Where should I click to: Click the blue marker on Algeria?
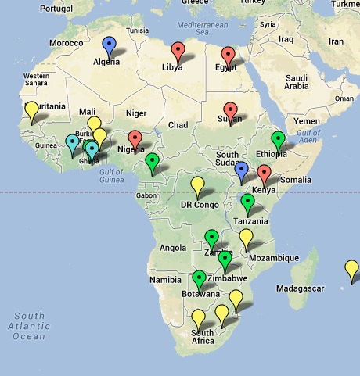coord(109,45)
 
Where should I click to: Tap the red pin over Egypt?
coord(229,56)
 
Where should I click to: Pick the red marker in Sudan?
coord(230,111)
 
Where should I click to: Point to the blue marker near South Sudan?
coord(242,170)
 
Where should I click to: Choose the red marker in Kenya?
coord(264,174)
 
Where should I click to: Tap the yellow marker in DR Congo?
coord(198,185)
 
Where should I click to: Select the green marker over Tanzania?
coord(248,202)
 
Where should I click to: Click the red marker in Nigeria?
coord(135,139)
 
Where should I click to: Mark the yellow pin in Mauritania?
coord(31,110)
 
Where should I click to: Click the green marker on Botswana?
coord(199,278)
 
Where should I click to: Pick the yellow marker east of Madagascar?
coord(352,270)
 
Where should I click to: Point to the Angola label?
coord(172,248)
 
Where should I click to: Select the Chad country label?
coord(178,125)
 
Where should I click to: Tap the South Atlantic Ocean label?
coord(29,326)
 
